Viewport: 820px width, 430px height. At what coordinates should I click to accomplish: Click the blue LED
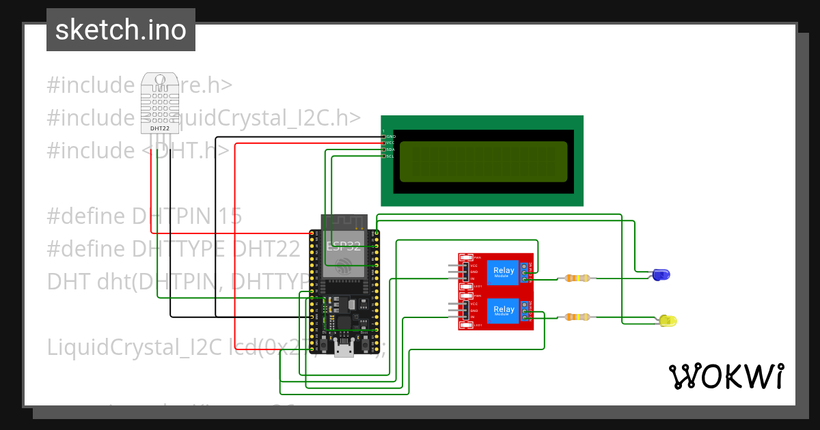point(661,274)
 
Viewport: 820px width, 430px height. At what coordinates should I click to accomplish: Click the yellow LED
point(668,320)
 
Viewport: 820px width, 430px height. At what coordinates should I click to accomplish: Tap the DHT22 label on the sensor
point(159,128)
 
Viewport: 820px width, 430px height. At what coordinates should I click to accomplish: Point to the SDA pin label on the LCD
point(391,149)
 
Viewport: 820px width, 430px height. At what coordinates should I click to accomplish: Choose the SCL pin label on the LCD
point(391,156)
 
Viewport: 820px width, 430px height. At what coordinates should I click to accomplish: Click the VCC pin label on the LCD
point(391,143)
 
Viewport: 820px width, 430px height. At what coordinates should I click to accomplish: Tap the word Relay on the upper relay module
point(504,271)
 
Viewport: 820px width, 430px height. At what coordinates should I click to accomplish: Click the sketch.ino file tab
point(121,30)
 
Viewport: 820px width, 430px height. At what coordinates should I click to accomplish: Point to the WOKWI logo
point(726,376)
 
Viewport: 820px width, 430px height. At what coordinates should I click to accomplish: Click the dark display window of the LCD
point(483,162)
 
